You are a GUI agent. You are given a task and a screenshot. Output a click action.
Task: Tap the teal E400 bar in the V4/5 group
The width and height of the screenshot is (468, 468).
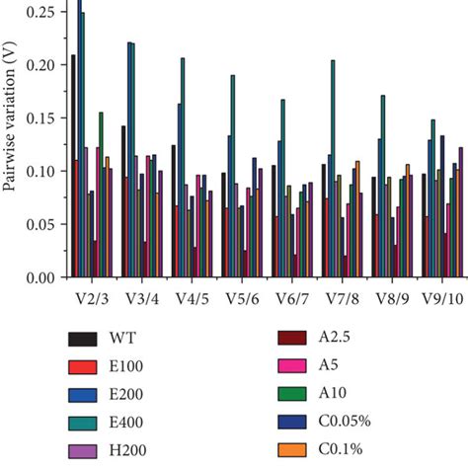(x=183, y=168)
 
